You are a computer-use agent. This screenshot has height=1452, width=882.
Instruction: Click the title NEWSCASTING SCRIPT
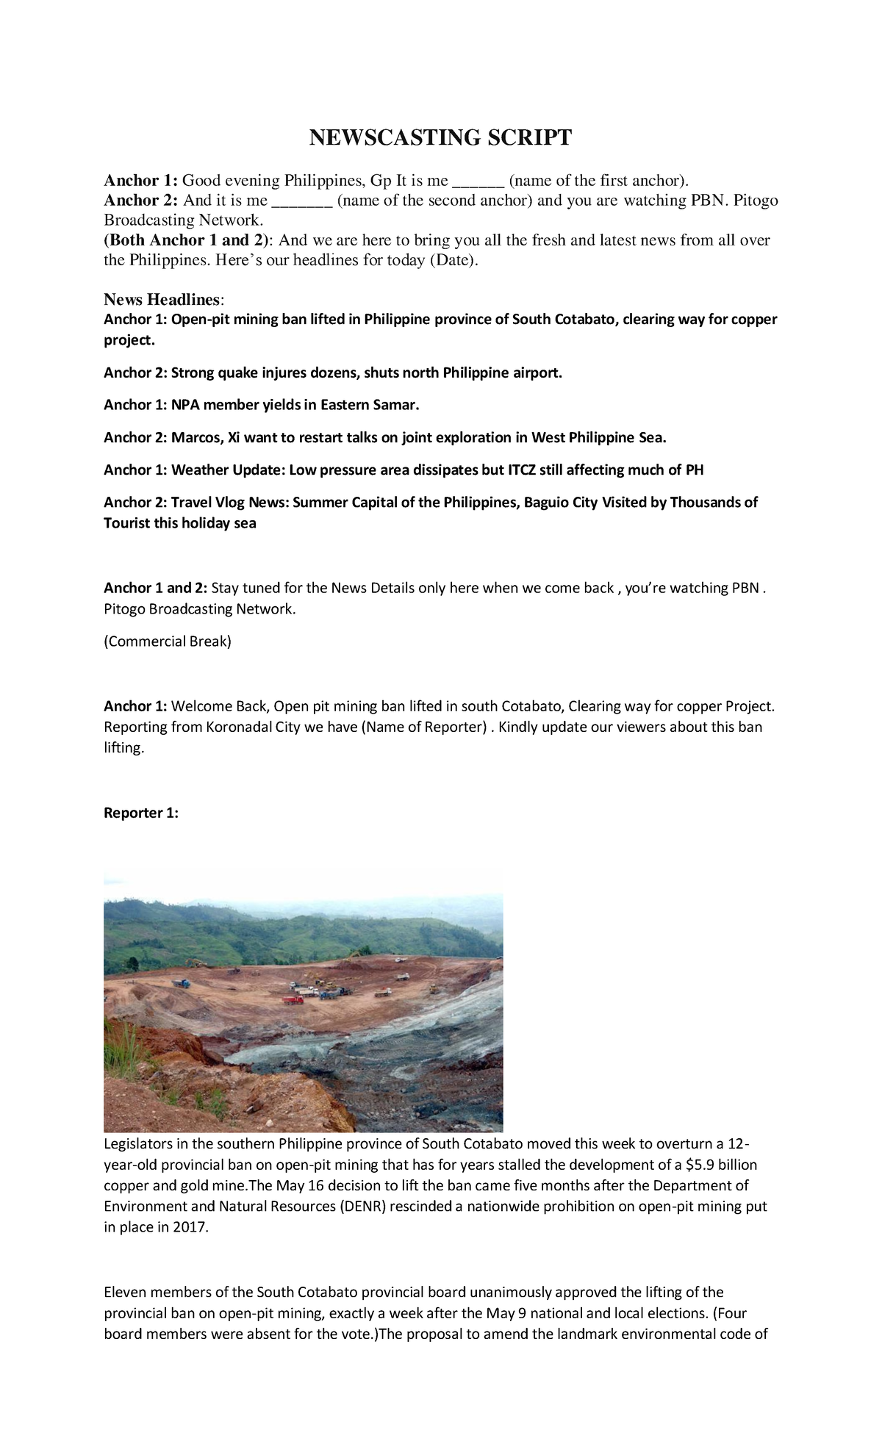click(x=440, y=137)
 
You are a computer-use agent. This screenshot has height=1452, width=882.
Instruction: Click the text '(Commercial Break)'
click(x=168, y=641)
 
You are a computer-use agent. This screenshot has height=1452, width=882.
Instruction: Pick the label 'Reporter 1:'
click(x=141, y=813)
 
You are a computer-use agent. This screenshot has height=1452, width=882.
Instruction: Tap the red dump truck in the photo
click(x=293, y=999)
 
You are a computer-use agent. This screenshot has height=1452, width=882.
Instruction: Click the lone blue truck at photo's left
click(x=180, y=983)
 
